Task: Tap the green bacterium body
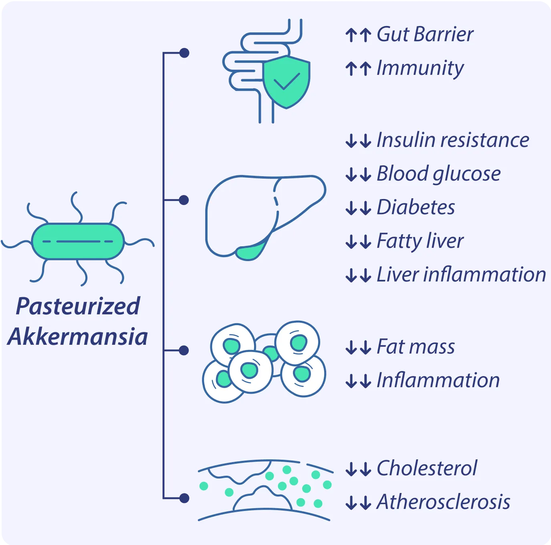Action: point(78,241)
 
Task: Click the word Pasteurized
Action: point(78,306)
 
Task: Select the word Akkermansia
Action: point(78,336)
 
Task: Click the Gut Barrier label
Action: point(425,34)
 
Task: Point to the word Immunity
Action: point(420,68)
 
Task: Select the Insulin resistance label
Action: point(453,140)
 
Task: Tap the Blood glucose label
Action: point(438,174)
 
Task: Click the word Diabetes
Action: point(416,207)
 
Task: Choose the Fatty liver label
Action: point(420,241)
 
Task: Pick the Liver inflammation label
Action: point(461,275)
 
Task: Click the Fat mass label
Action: point(416,347)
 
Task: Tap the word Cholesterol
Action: point(427,468)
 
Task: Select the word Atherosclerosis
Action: point(443,502)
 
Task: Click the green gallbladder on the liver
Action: point(250,252)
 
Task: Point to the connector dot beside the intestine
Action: point(184,53)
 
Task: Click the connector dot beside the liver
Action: point(184,200)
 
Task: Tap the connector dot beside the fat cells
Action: point(184,351)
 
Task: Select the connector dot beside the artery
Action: point(184,498)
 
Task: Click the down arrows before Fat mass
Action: point(358,348)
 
